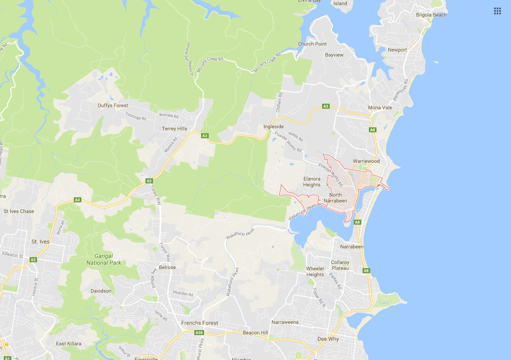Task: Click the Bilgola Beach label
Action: pyautogui.click(x=431, y=15)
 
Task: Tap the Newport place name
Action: pyautogui.click(x=397, y=50)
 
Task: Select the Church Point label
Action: pyautogui.click(x=312, y=44)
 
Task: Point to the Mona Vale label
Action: pyautogui.click(x=380, y=107)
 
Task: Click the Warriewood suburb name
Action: pyautogui.click(x=366, y=161)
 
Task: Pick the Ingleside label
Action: pyautogui.click(x=274, y=126)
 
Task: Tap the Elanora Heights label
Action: pyautogui.click(x=312, y=182)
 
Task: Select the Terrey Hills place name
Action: pyautogui.click(x=175, y=129)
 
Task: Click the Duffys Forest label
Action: pyautogui.click(x=113, y=105)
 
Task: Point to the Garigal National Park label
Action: pyautogui.click(x=104, y=259)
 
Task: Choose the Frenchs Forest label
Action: pyautogui.click(x=199, y=323)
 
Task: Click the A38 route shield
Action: pyautogui.click(x=199, y=333)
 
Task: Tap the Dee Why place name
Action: pyautogui.click(x=328, y=339)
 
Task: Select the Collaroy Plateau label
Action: pyautogui.click(x=340, y=265)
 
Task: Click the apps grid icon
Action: pyautogui.click(x=498, y=11)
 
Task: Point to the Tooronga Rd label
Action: pyautogui.click(x=135, y=116)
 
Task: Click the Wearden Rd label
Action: pyautogui.click(x=183, y=293)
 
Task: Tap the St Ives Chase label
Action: pyautogui.click(x=19, y=211)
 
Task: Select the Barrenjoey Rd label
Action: pyautogui.click(x=401, y=89)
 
